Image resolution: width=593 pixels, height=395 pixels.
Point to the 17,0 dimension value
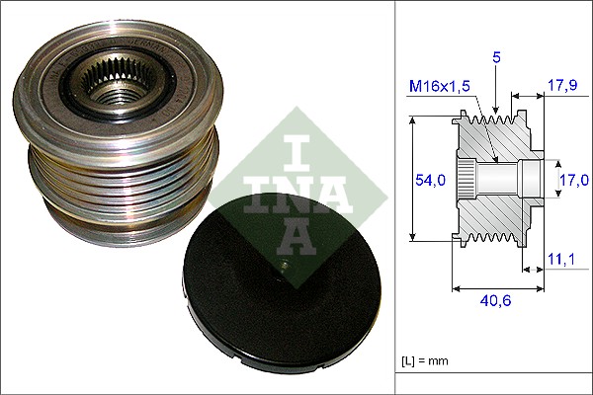[573, 179]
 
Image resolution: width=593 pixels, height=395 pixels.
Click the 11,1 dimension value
[560, 259]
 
